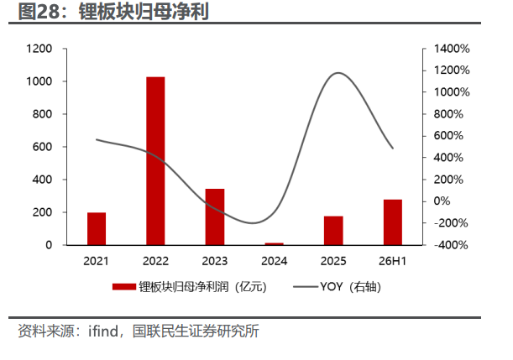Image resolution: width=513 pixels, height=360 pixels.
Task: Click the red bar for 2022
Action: [x=155, y=161]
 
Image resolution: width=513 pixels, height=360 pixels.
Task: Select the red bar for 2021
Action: [x=97, y=228]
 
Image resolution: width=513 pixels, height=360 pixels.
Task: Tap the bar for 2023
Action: [x=215, y=217]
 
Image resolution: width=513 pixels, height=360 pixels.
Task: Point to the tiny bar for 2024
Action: [x=275, y=243]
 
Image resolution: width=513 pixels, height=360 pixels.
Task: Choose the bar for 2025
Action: [x=333, y=231]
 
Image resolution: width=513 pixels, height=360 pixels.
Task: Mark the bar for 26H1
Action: [x=393, y=222]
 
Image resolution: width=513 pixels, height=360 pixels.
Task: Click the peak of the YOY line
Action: [x=338, y=73]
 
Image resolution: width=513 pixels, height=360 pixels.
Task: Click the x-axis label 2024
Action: [x=275, y=261]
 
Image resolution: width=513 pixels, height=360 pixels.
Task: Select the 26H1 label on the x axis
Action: [x=392, y=261]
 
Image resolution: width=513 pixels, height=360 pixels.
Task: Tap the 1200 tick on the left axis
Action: [x=39, y=49]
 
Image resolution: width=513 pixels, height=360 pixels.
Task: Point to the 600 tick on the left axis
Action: [x=42, y=147]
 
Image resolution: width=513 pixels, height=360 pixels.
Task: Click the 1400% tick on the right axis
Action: [x=452, y=49]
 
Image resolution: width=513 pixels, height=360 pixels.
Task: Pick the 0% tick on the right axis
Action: [x=442, y=201]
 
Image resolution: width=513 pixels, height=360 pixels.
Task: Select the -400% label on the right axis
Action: [x=451, y=245]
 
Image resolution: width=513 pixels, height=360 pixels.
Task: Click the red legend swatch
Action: [x=124, y=287]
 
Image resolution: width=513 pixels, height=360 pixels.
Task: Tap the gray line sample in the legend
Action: [x=306, y=287]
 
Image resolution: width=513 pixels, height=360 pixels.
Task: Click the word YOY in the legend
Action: [x=332, y=286]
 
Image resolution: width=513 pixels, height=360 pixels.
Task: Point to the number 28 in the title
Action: [x=48, y=12]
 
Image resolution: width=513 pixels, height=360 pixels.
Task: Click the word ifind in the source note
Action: [x=103, y=331]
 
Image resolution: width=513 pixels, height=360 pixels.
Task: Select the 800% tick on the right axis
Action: [x=448, y=114]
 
